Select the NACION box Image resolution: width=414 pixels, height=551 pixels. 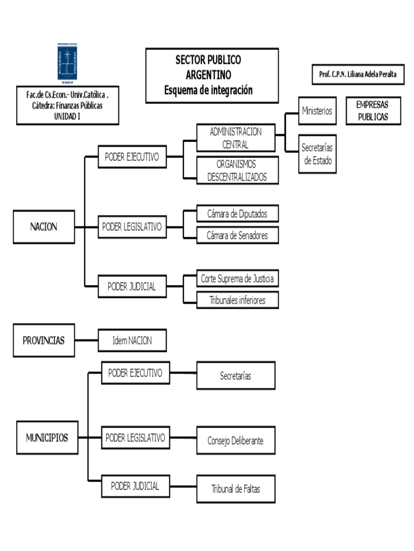pos(44,227)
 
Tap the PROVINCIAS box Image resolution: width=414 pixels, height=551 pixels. pos(44,341)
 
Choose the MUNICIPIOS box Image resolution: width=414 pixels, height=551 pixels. pos(47,438)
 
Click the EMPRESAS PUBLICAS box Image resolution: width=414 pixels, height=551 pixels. pos(372,111)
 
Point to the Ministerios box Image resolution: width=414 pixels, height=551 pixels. pos(317,111)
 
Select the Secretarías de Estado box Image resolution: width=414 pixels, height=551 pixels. pos(318,153)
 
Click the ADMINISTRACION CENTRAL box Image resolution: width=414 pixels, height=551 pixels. pos(236,138)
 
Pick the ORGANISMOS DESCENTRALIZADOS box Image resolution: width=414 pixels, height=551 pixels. pos(237,171)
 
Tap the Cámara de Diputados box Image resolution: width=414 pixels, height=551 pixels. pos(237,214)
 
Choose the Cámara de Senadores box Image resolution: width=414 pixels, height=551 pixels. pos(237,235)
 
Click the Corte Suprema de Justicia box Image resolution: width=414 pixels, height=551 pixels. pos(237,279)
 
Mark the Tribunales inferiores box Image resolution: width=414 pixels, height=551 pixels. pos(237,300)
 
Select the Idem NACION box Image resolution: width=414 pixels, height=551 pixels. pos(132,341)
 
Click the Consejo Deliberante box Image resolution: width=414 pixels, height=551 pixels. pos(236,441)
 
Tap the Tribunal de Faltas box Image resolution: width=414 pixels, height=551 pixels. pos(236,489)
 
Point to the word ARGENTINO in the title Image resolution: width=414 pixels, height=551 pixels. pos(208,74)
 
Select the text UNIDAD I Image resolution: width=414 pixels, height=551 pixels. pos(67,115)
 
